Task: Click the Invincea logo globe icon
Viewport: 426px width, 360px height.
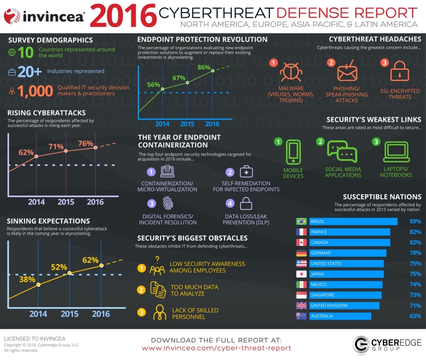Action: pyautogui.click(x=12, y=16)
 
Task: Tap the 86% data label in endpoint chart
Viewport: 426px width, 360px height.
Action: pyautogui.click(x=204, y=67)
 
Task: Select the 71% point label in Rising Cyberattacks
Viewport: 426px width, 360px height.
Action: pyautogui.click(x=56, y=146)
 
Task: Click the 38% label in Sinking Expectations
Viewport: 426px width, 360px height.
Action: pyautogui.click(x=27, y=279)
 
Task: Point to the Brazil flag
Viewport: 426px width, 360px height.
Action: pyautogui.click(x=301, y=221)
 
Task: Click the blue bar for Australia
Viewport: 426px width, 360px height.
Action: pyautogui.click(x=340, y=316)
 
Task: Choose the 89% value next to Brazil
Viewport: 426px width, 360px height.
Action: pyautogui.click(x=415, y=221)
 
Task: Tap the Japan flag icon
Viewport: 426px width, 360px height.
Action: pyautogui.click(x=301, y=274)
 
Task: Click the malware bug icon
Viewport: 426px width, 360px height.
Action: pyautogui.click(x=291, y=71)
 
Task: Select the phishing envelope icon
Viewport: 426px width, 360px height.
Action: pyautogui.click(x=347, y=71)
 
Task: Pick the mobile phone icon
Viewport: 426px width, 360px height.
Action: pyautogui.click(x=294, y=152)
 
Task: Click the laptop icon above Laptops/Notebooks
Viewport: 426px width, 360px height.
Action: pyautogui.click(x=396, y=151)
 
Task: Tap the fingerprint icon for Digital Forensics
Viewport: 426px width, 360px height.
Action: pyautogui.click(x=168, y=203)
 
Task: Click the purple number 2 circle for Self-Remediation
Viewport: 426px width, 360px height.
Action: pyautogui.click(x=230, y=172)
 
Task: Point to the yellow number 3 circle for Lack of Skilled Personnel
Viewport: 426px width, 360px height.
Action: pyautogui.click(x=141, y=312)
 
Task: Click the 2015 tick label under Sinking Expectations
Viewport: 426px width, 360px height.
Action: pyautogui.click(x=69, y=314)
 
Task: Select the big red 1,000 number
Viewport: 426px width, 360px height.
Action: pyautogui.click(x=35, y=91)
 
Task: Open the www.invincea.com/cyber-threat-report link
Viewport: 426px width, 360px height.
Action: pyautogui.click(x=216, y=348)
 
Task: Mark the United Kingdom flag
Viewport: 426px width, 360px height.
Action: pyautogui.click(x=301, y=306)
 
